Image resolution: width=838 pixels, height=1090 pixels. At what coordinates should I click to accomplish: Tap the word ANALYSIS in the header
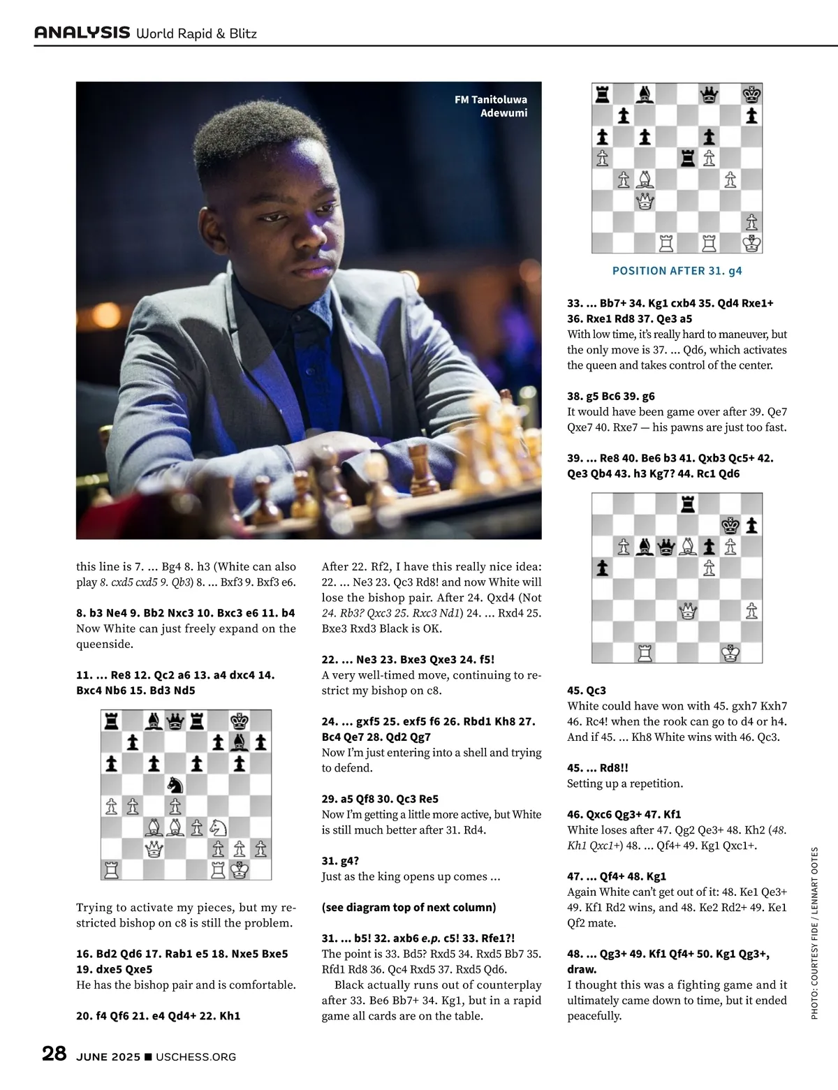82,32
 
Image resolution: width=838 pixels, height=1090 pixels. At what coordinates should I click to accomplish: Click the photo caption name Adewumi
503,112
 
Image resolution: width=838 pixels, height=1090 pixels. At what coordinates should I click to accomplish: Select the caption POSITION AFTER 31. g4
677,271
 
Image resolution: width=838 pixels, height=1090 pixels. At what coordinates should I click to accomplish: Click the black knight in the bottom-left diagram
175,785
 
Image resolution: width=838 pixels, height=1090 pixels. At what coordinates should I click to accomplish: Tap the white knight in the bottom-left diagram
218,827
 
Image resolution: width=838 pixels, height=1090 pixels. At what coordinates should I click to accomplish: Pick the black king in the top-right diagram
751,94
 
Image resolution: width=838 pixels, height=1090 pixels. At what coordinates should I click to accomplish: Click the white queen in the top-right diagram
645,202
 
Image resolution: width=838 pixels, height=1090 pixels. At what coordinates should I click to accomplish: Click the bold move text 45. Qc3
587,691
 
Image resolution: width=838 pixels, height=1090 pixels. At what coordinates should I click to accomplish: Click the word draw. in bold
582,969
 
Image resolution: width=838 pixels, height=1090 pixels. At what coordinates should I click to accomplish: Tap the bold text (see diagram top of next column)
409,907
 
